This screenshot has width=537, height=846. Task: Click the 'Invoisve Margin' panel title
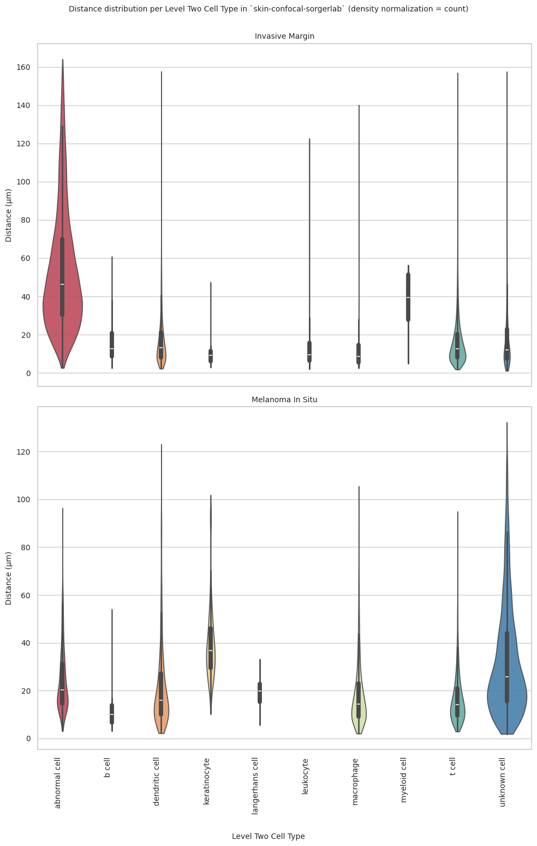[284, 36]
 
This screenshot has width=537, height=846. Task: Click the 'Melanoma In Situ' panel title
[284, 400]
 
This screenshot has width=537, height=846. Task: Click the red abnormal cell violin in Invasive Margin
[63, 306]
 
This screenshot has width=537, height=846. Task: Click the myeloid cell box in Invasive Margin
[408, 297]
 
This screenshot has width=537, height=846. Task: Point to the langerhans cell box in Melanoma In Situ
[260, 692]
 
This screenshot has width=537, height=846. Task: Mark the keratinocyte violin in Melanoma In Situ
[211, 650]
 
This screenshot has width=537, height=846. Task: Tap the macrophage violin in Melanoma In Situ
[359, 710]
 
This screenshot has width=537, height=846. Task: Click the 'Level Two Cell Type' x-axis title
[268, 836]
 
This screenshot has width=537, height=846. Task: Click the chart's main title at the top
[268, 9]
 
